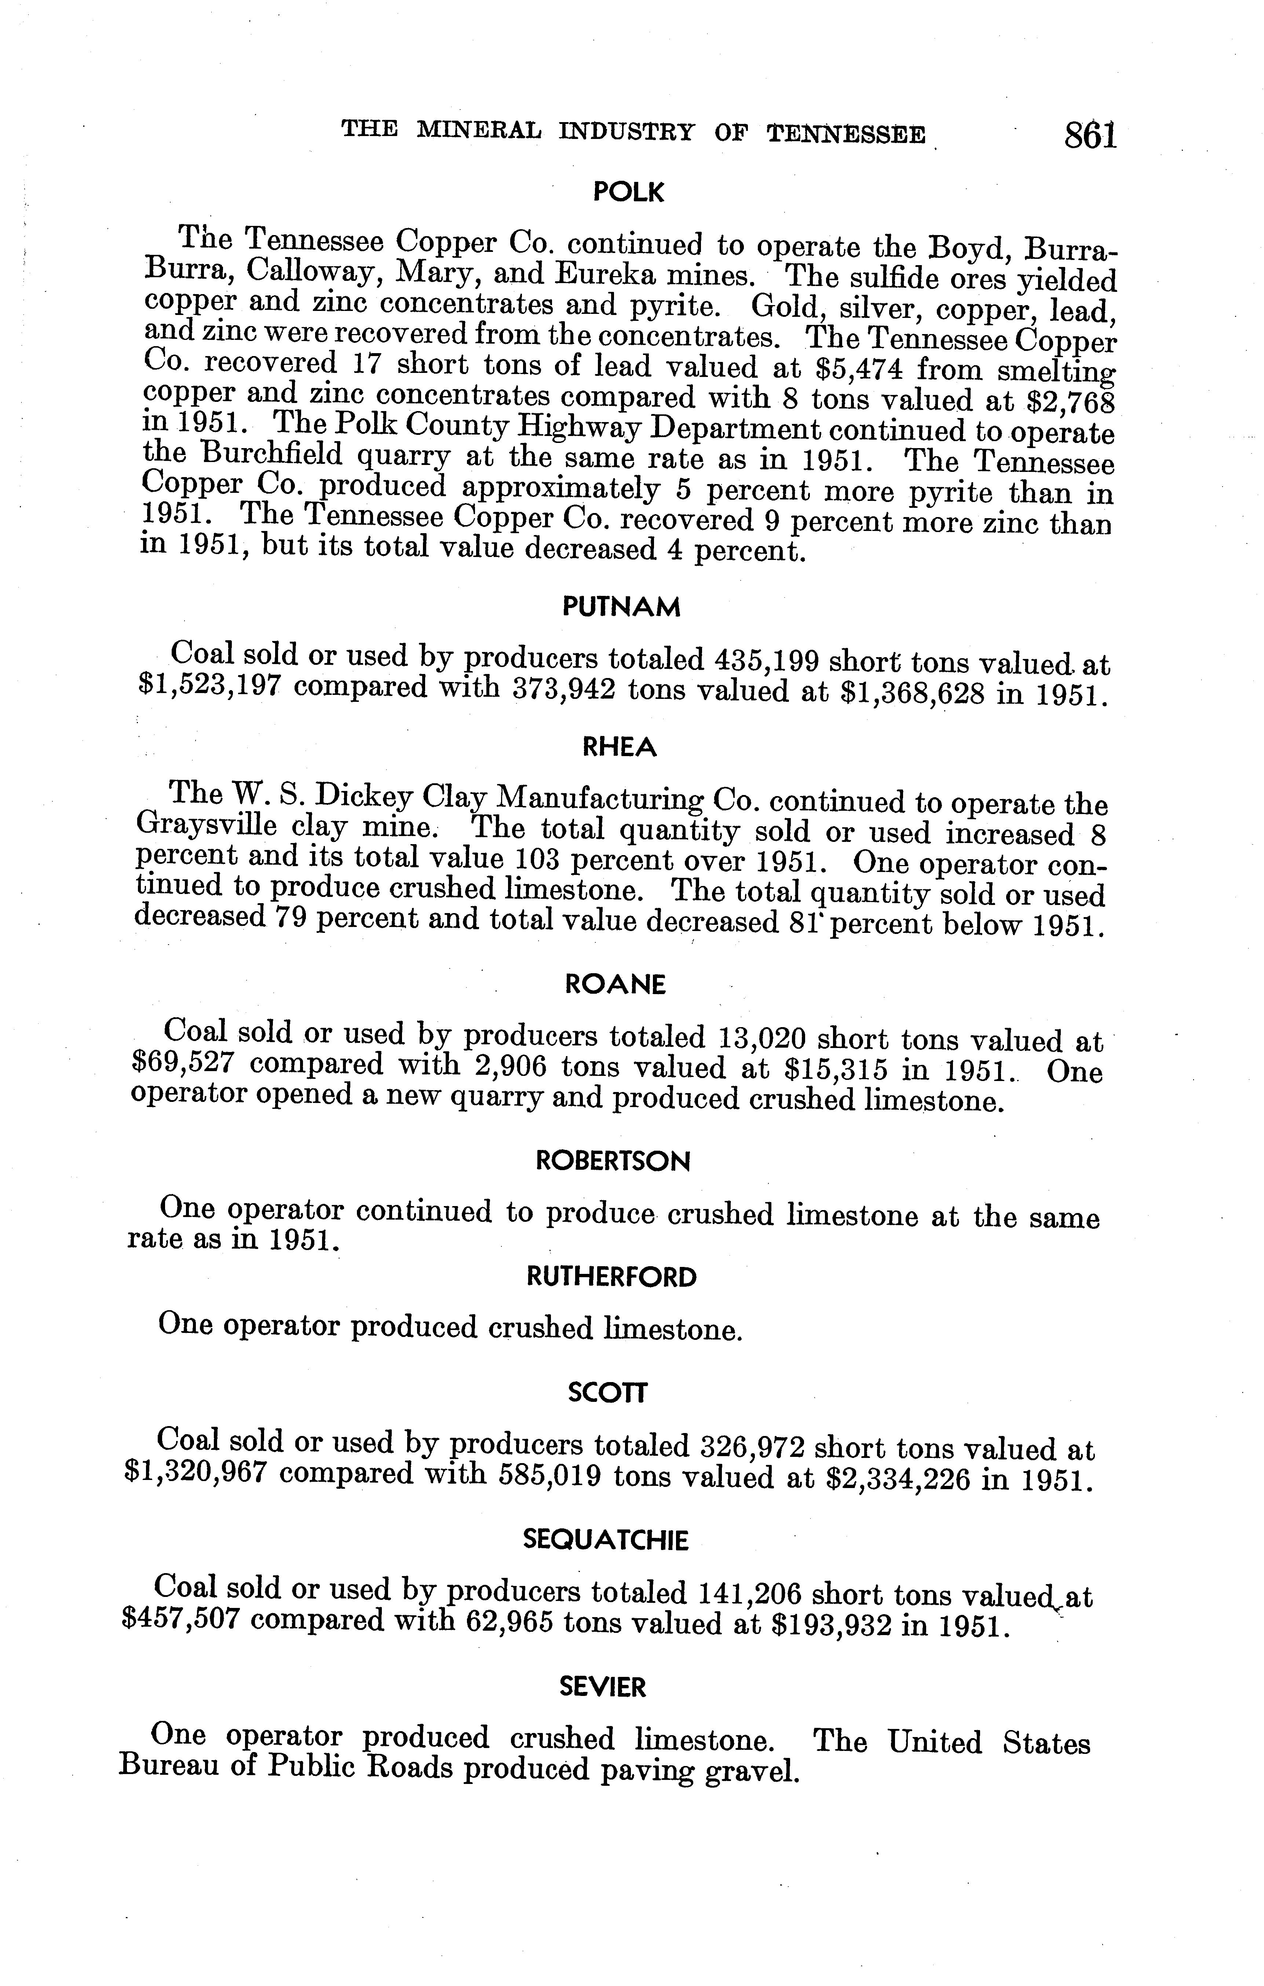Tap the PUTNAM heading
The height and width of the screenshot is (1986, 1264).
click(x=621, y=608)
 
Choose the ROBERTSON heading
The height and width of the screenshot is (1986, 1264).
click(x=613, y=1161)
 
